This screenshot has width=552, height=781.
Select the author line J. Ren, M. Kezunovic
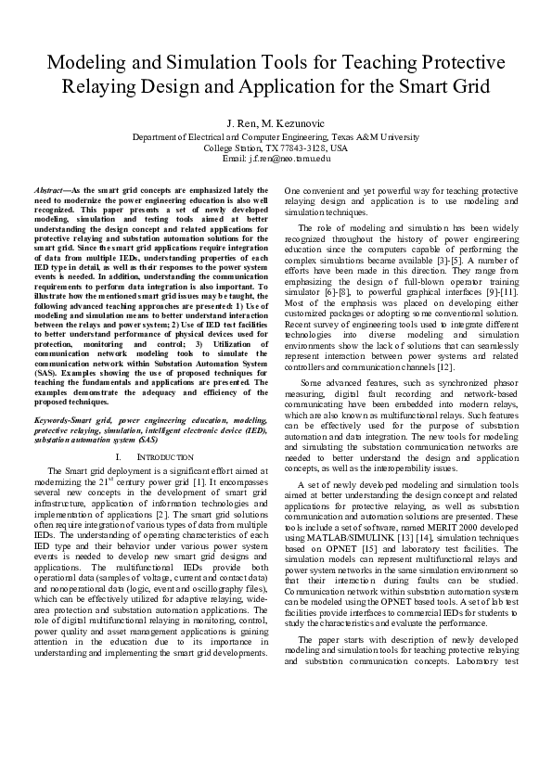coord(276,122)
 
